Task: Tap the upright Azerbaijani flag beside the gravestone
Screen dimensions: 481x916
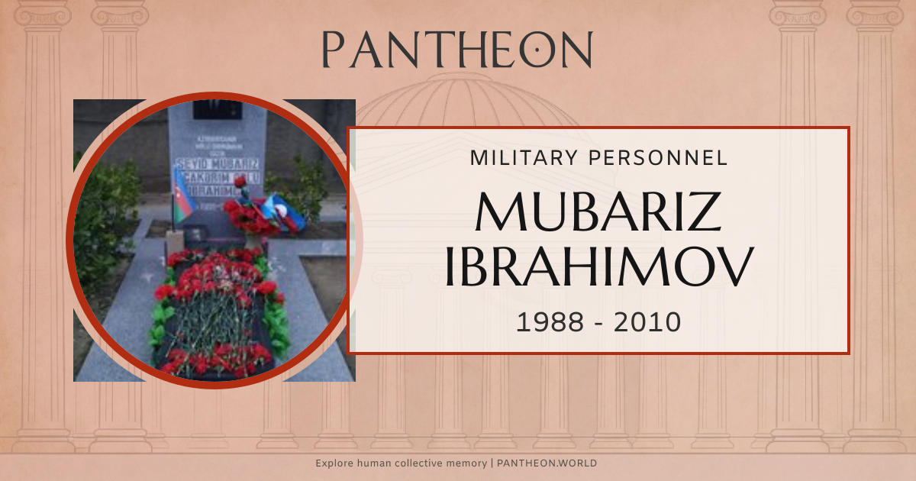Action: point(182,197)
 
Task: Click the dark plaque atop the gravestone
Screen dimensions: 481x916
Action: point(217,109)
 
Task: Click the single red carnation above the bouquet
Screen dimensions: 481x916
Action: point(240,182)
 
